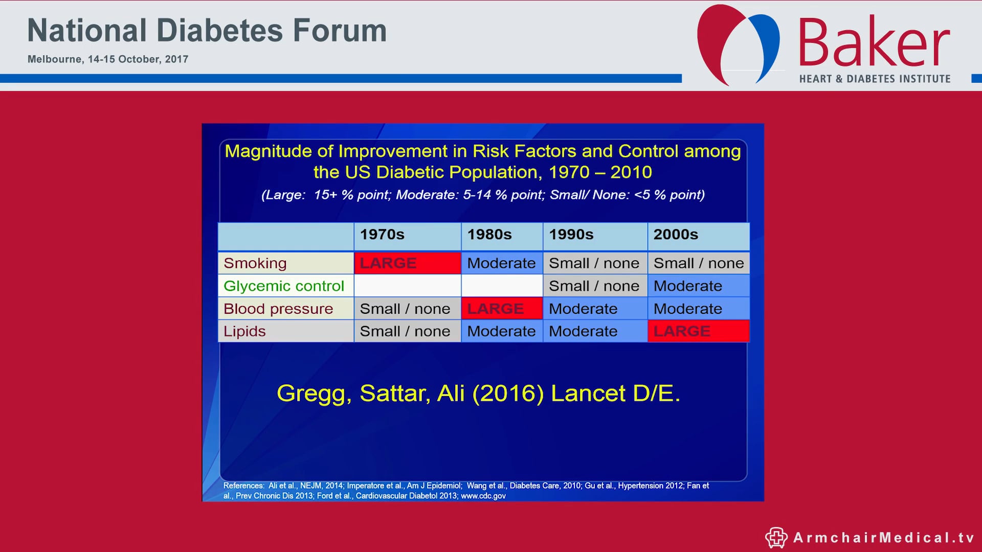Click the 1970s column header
[382, 235]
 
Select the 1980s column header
[489, 235]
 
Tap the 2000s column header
[676, 235]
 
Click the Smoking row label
[255, 263]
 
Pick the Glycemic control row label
[284, 286]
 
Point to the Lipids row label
[244, 331]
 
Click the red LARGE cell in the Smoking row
[407, 263]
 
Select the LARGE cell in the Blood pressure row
[501, 309]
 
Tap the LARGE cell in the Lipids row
[698, 331]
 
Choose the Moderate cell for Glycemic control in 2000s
[698, 286]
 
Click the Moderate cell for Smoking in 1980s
[501, 263]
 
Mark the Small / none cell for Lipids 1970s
[405, 331]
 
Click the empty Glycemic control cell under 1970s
[407, 286]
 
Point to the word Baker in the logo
[874, 43]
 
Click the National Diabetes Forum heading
[207, 31]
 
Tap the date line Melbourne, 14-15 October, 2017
[108, 59]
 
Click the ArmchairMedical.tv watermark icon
[776, 537]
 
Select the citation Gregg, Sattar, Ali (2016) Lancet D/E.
[478, 393]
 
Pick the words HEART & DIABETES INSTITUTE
[875, 79]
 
